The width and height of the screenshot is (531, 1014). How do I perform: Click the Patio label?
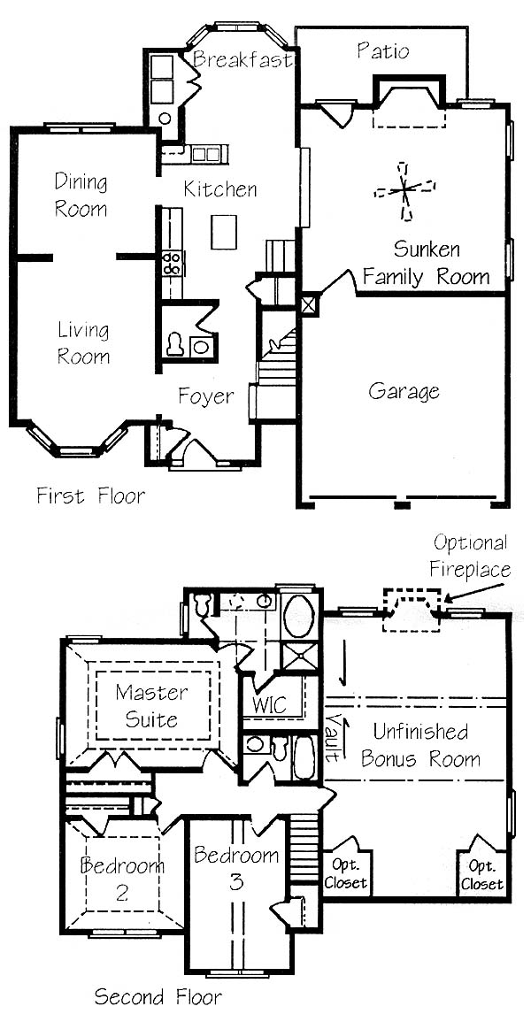pyautogui.click(x=383, y=50)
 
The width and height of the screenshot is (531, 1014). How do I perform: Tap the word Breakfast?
pyautogui.click(x=244, y=59)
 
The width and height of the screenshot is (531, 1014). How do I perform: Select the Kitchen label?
pyautogui.click(x=219, y=189)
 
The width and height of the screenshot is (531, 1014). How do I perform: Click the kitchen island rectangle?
pyautogui.click(x=224, y=232)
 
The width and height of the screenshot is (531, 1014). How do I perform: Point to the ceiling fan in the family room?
pyautogui.click(x=404, y=189)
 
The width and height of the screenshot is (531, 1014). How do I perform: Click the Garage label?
pyautogui.click(x=404, y=391)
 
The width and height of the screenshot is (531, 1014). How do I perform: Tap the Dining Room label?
pyautogui.click(x=81, y=195)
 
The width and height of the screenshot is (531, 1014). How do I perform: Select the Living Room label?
pyautogui.click(x=83, y=342)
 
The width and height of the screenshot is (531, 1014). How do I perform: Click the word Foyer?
pyautogui.click(x=206, y=396)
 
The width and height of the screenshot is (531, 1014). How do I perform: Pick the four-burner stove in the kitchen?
pyautogui.click(x=172, y=264)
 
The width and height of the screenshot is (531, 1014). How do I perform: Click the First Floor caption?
pyautogui.click(x=90, y=496)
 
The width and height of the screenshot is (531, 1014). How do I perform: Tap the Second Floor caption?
pyautogui.click(x=158, y=996)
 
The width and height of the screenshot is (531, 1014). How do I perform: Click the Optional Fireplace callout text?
pyautogui.click(x=472, y=556)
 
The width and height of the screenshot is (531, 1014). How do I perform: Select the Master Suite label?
pyautogui.click(x=151, y=705)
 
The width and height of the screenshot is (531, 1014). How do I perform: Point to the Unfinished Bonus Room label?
pyautogui.click(x=420, y=745)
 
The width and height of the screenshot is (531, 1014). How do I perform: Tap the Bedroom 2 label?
pyautogui.click(x=122, y=879)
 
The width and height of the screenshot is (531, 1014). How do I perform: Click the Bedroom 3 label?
pyautogui.click(x=236, y=869)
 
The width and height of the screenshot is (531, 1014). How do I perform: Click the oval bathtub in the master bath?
pyautogui.click(x=299, y=617)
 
